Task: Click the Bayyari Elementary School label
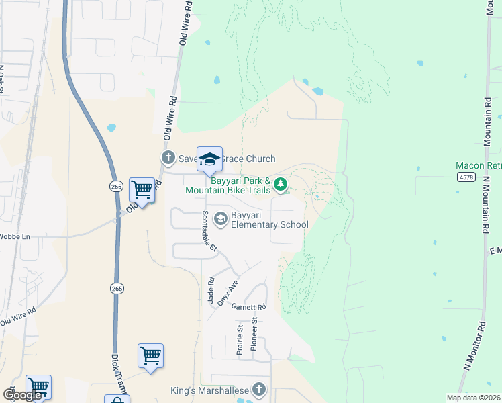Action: tap(269, 220)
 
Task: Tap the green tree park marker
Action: tap(280, 183)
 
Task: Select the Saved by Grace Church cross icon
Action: tap(168, 159)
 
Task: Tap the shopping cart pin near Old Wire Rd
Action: tap(142, 191)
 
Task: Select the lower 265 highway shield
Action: tap(117, 288)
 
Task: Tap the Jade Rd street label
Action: tap(211, 291)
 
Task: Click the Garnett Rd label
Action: tap(249, 307)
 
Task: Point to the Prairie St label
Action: tap(239, 339)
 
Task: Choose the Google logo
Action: tap(23, 395)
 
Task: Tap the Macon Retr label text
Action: tap(478, 165)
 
